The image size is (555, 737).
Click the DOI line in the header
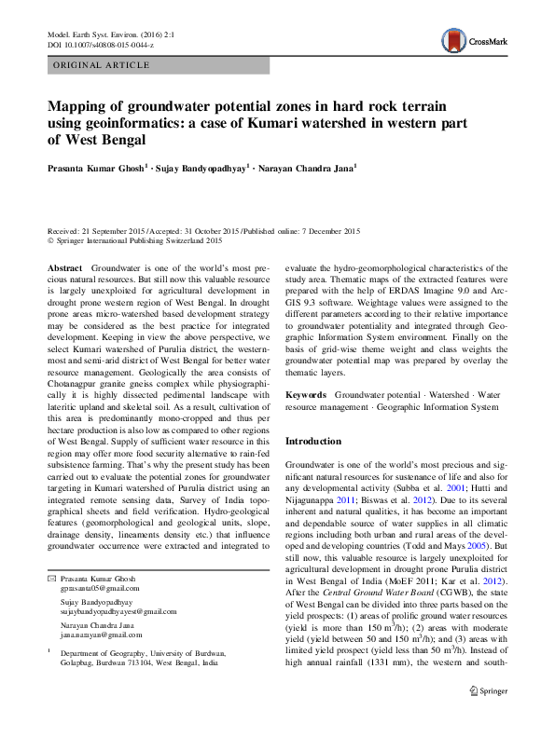[x=101, y=44]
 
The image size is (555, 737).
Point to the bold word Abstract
[x=64, y=267]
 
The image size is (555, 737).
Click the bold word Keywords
[x=306, y=396]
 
